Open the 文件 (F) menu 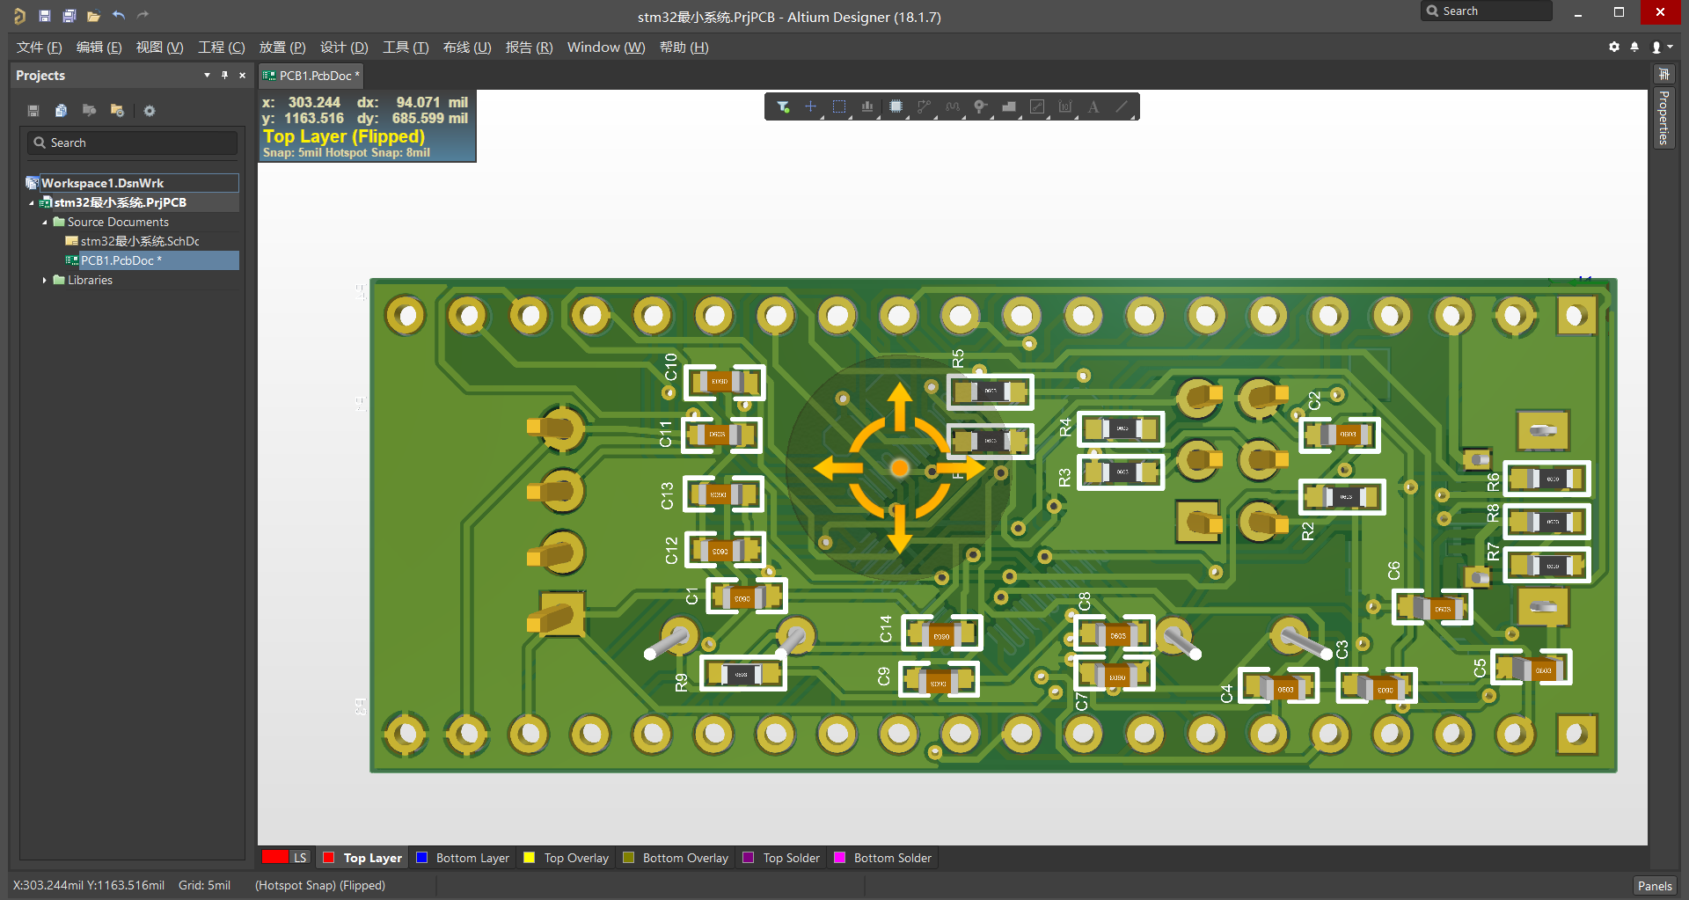[x=39, y=48]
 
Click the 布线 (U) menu [x=466, y=48]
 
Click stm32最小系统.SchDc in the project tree [x=139, y=241]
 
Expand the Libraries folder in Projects [x=45, y=280]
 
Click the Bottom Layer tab [x=472, y=858]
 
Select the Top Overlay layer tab [x=575, y=858]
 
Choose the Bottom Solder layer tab [x=891, y=858]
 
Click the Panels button [x=1654, y=886]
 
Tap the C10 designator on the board [x=671, y=366]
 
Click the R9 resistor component [x=742, y=675]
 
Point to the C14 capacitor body [x=941, y=633]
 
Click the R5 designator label [x=958, y=358]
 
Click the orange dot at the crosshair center [x=899, y=468]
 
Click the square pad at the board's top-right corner [x=1576, y=315]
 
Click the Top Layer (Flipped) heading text [x=344, y=136]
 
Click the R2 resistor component [x=1342, y=497]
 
